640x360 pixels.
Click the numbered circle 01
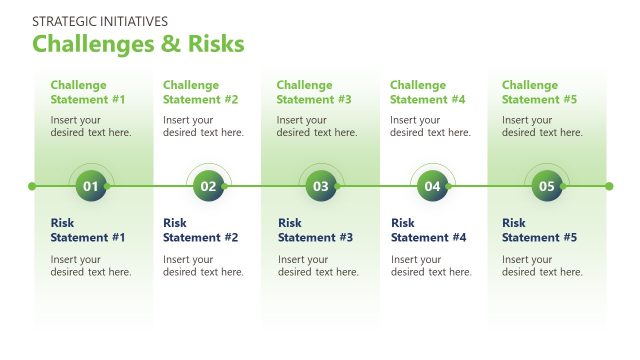(91, 186)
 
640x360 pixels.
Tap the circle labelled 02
(208, 186)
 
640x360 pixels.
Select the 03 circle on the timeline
(321, 186)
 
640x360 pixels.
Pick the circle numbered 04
(432, 186)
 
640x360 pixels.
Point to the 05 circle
(546, 186)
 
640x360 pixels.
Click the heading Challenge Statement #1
(88, 92)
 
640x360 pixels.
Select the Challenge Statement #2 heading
(200, 92)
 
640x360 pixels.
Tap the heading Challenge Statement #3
(314, 92)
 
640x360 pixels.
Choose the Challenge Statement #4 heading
(427, 92)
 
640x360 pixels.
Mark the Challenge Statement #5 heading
(539, 92)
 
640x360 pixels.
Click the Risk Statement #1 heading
(88, 230)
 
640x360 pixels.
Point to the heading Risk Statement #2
(200, 230)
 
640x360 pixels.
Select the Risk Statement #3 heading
(315, 230)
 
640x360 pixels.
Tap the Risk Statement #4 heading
(428, 230)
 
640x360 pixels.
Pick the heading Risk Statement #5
(539, 230)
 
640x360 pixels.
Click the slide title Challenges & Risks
(138, 45)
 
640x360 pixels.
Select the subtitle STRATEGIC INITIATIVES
(100, 21)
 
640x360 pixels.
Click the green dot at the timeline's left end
(32, 186)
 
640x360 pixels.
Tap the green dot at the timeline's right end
(608, 186)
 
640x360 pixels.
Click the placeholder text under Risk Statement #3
(318, 266)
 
